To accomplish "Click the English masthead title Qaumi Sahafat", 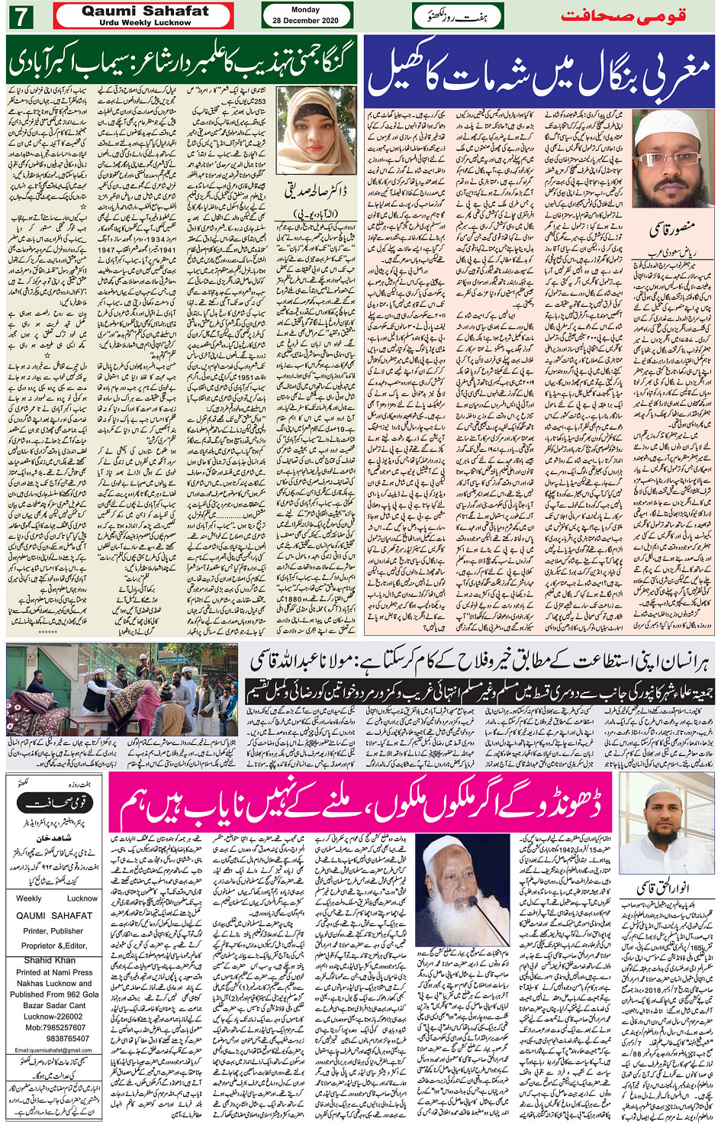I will pos(144,11).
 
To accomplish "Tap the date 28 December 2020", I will pos(305,21).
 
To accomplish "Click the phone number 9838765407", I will pos(56,1039).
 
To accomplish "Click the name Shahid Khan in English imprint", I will pos(50,960).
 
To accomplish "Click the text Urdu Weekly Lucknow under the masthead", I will pos(144,23).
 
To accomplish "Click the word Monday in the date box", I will pos(305,10).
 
